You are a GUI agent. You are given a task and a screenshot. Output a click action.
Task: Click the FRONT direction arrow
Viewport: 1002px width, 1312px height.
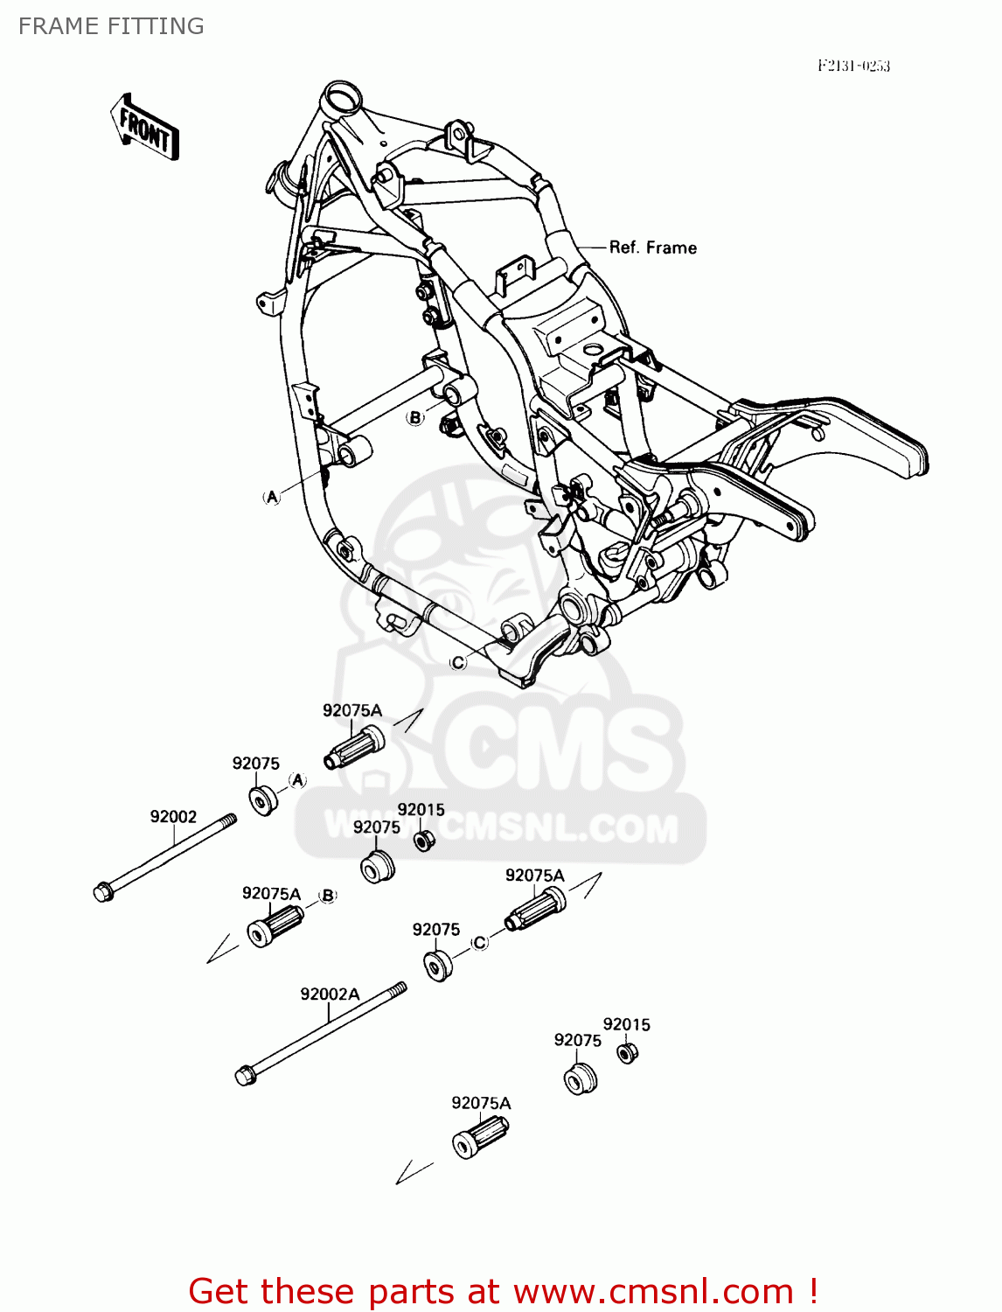click(x=145, y=128)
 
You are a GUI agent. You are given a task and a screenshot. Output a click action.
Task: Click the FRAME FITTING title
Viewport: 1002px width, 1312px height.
click(x=111, y=26)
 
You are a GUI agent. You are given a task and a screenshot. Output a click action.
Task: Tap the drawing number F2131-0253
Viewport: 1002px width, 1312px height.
click(x=853, y=66)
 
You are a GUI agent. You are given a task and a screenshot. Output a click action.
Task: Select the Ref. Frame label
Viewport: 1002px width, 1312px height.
click(x=652, y=248)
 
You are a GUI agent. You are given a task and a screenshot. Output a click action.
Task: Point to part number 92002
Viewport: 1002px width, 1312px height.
click(x=173, y=816)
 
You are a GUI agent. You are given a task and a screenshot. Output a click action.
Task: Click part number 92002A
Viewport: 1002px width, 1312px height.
click(x=330, y=994)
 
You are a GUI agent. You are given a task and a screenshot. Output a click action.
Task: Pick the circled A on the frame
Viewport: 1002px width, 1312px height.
click(x=272, y=497)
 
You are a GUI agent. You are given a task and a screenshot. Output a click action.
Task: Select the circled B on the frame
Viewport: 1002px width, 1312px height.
click(x=415, y=417)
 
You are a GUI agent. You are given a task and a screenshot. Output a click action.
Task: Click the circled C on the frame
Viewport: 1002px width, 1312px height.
click(x=458, y=663)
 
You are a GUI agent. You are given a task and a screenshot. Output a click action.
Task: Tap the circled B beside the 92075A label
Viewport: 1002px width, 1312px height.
click(x=328, y=895)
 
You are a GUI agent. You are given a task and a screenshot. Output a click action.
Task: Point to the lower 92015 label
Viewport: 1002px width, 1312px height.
click(x=626, y=1024)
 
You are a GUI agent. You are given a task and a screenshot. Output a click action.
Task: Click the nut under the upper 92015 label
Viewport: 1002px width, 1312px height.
click(x=424, y=841)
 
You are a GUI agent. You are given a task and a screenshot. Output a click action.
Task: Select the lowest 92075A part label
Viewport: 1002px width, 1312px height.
click(x=481, y=1103)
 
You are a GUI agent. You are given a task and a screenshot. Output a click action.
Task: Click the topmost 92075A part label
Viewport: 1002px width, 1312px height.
click(x=352, y=710)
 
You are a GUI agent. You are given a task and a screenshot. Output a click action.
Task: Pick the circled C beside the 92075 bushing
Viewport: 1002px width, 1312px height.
click(x=479, y=942)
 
